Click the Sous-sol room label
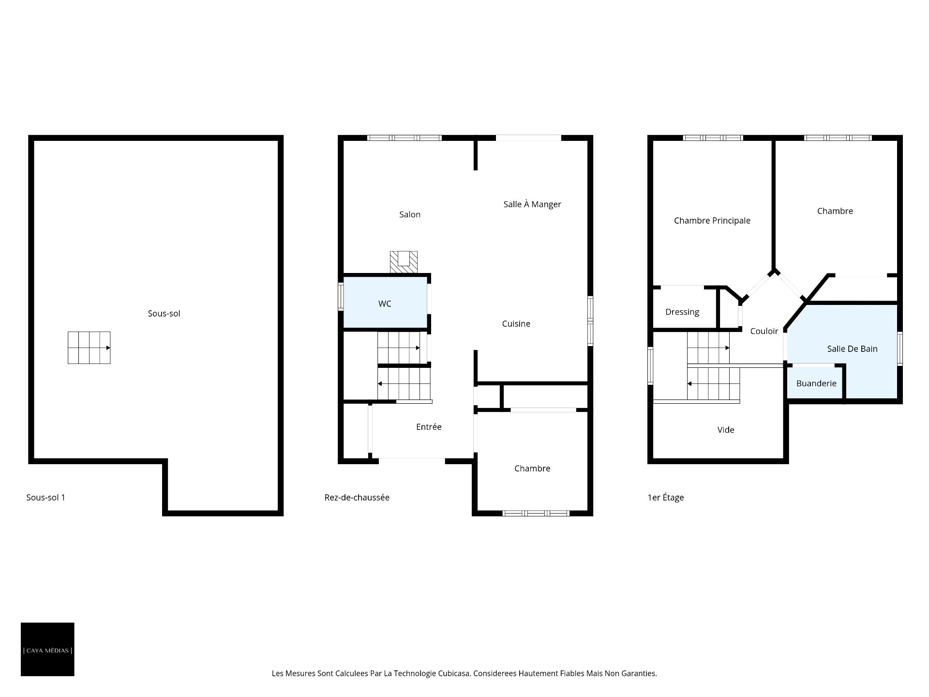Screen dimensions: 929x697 click(164, 314)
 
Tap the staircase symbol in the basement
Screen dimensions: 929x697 click(89, 348)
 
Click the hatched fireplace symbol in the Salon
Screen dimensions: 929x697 click(404, 262)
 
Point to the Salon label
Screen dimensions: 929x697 click(410, 214)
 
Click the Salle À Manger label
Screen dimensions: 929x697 click(532, 204)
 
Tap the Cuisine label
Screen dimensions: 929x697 click(516, 324)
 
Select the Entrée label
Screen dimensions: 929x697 click(429, 427)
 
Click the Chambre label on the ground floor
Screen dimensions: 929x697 click(532, 469)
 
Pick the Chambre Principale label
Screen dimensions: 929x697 click(712, 221)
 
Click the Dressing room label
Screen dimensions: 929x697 click(682, 312)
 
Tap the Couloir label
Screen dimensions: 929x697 click(764, 331)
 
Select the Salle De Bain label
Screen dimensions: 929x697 click(852, 349)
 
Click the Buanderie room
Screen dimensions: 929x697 click(816, 383)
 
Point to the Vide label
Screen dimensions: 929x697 click(726, 430)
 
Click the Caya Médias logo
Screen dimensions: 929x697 click(47, 649)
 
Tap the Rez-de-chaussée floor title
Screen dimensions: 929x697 click(357, 498)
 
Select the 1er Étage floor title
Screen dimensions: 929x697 click(666, 498)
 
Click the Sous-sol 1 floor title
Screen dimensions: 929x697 click(45, 498)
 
